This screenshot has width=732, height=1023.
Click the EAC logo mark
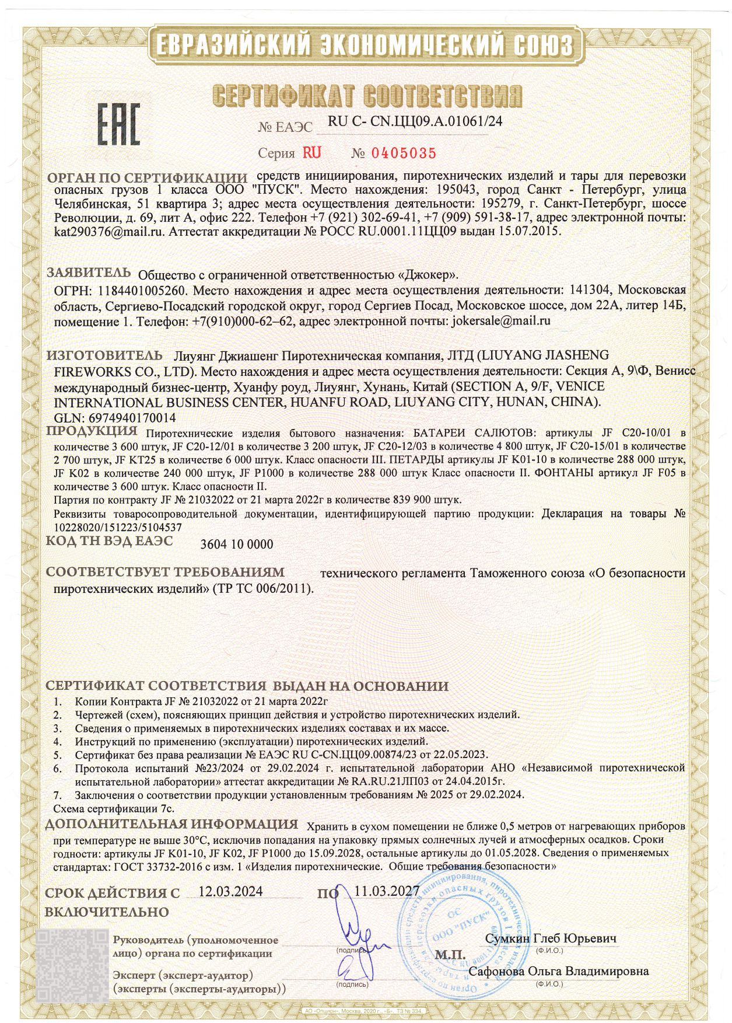tap(118, 124)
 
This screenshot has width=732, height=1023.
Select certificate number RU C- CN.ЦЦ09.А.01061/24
tap(415, 121)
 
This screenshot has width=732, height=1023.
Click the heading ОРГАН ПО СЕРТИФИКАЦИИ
tap(147, 177)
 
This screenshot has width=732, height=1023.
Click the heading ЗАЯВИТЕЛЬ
tap(89, 273)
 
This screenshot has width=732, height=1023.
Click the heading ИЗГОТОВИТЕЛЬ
tap(104, 355)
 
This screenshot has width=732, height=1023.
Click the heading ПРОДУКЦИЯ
tap(92, 431)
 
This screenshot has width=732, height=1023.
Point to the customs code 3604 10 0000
tap(236, 544)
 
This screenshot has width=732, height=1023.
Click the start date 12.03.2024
tap(230, 891)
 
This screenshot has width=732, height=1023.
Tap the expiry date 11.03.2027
tap(387, 891)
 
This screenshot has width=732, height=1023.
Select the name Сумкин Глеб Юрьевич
tap(551, 939)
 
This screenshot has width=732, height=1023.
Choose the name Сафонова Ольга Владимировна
tap(559, 972)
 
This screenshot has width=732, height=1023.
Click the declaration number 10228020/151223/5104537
tap(117, 527)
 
